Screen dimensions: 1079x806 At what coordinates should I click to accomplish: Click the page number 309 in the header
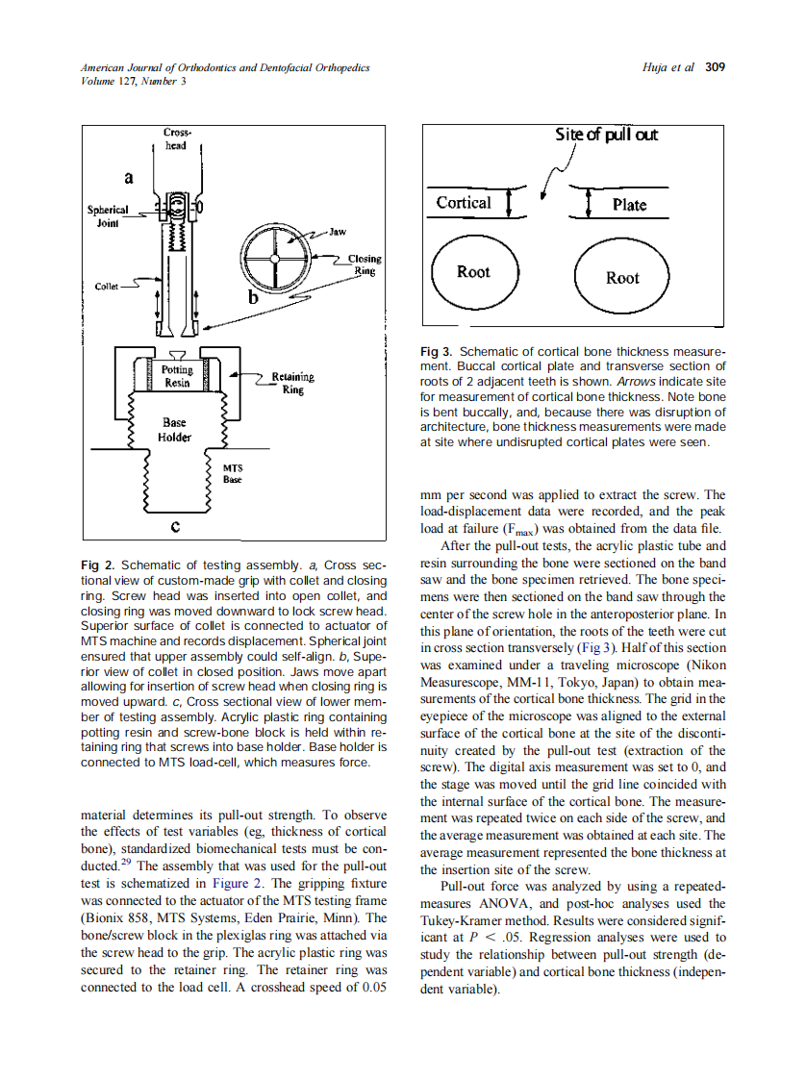(x=715, y=67)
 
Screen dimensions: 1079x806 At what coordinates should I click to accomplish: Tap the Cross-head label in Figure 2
(x=176, y=138)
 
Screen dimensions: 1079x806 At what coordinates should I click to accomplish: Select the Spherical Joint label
(x=107, y=214)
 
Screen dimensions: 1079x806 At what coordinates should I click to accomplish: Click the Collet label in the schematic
(x=106, y=286)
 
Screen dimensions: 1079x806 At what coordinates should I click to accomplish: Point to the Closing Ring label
(x=364, y=264)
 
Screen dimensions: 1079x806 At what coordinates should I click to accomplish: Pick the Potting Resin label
(x=176, y=376)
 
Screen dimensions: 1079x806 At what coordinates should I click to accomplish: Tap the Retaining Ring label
(x=292, y=384)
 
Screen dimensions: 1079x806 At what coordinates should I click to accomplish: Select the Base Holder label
(x=174, y=430)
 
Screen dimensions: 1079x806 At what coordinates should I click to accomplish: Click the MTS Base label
(x=233, y=473)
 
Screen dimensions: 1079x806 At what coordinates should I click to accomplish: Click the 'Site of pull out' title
(x=606, y=135)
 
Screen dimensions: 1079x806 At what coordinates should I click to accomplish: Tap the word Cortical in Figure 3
(x=463, y=203)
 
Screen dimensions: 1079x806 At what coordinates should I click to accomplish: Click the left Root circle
(x=472, y=272)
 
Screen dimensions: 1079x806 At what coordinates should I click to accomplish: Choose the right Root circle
(x=621, y=278)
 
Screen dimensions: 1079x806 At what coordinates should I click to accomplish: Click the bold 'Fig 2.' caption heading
(x=98, y=565)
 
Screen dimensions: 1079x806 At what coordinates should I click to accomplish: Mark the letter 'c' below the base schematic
(x=174, y=526)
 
